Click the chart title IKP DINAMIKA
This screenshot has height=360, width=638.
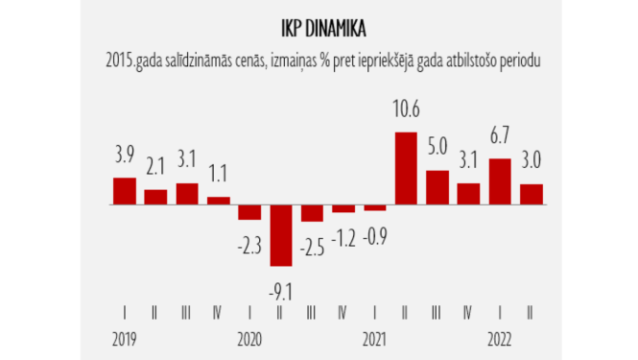coord(319,25)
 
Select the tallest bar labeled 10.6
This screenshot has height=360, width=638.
coord(406,168)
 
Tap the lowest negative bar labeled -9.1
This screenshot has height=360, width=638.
coord(281,235)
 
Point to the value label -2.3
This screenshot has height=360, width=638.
coord(249,248)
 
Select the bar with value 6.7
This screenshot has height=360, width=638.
coord(500,181)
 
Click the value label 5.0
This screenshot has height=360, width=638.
coord(437,150)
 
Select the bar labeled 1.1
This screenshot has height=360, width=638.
coord(219,201)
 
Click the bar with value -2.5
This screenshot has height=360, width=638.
coord(313,213)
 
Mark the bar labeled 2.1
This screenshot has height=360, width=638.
coord(156,197)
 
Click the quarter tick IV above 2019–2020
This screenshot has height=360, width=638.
coord(219,312)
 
